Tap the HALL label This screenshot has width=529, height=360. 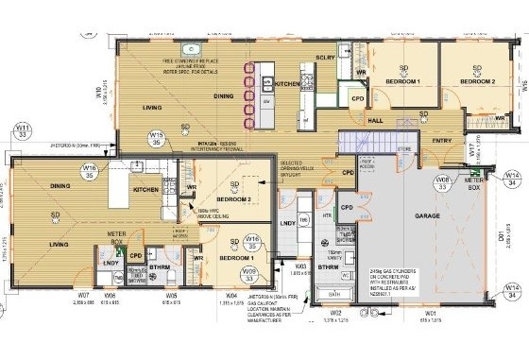point(374,122)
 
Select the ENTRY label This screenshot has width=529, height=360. point(441,141)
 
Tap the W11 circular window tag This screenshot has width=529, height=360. point(21,130)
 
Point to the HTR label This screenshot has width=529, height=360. point(327,215)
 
